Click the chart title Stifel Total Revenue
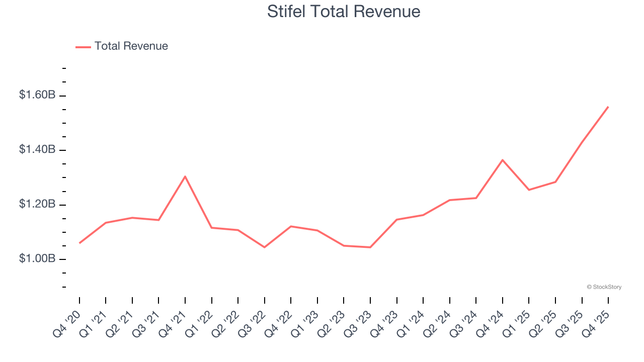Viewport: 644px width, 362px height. [x=344, y=11]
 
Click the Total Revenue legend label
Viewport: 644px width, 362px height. [x=131, y=46]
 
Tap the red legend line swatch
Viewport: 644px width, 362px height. [x=83, y=47]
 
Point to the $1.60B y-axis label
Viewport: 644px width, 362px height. [x=37, y=95]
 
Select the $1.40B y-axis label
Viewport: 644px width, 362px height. [x=37, y=150]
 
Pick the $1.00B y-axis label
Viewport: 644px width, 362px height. [x=37, y=259]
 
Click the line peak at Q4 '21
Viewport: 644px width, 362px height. [x=185, y=176]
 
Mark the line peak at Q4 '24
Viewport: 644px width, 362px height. [x=503, y=160]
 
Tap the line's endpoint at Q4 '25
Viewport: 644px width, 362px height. [x=608, y=107]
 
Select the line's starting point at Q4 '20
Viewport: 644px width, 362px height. [x=79, y=243]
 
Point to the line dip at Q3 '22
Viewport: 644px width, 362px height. [x=265, y=247]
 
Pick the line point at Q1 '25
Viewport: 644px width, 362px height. [x=529, y=190]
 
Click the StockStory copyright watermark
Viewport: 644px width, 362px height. [x=604, y=287]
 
